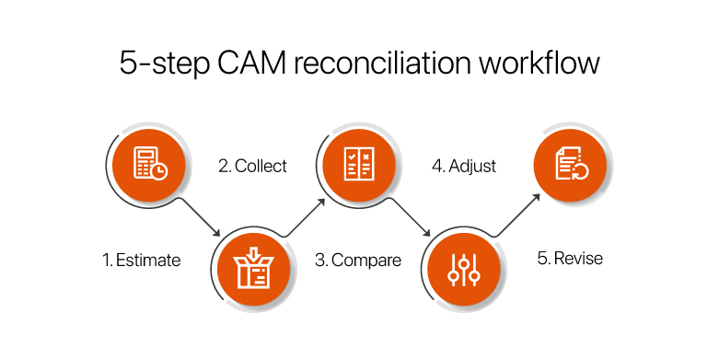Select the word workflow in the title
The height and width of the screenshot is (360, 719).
pyautogui.click(x=544, y=63)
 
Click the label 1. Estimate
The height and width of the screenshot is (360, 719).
pyautogui.click(x=142, y=260)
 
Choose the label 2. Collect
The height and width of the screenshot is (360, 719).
pyautogui.click(x=252, y=167)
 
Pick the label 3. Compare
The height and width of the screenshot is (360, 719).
pyautogui.click(x=358, y=260)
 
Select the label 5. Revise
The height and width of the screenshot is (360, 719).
pyautogui.click(x=570, y=258)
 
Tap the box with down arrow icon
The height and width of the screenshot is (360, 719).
pyautogui.click(x=252, y=265)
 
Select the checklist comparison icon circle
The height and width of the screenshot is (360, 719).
pyautogui.click(x=356, y=166)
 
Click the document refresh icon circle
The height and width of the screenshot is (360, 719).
pyautogui.click(x=572, y=166)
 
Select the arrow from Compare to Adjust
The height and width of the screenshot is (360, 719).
pyautogui.click(x=409, y=217)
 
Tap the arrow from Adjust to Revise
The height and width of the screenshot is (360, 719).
pyautogui.click(x=516, y=217)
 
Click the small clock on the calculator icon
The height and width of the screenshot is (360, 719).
pyautogui.click(x=160, y=172)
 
